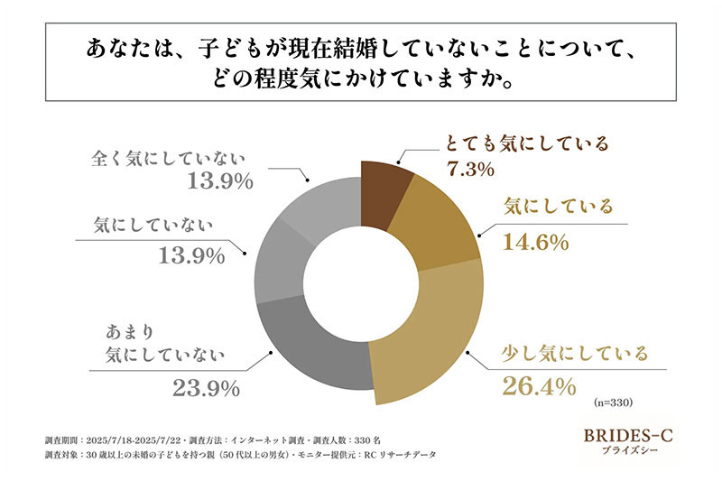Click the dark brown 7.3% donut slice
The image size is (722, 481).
pos(383,180)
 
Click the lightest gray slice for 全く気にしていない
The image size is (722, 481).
pos(320,194)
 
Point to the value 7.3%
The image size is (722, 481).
pos(469,170)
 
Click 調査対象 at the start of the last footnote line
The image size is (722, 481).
pos(60,456)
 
